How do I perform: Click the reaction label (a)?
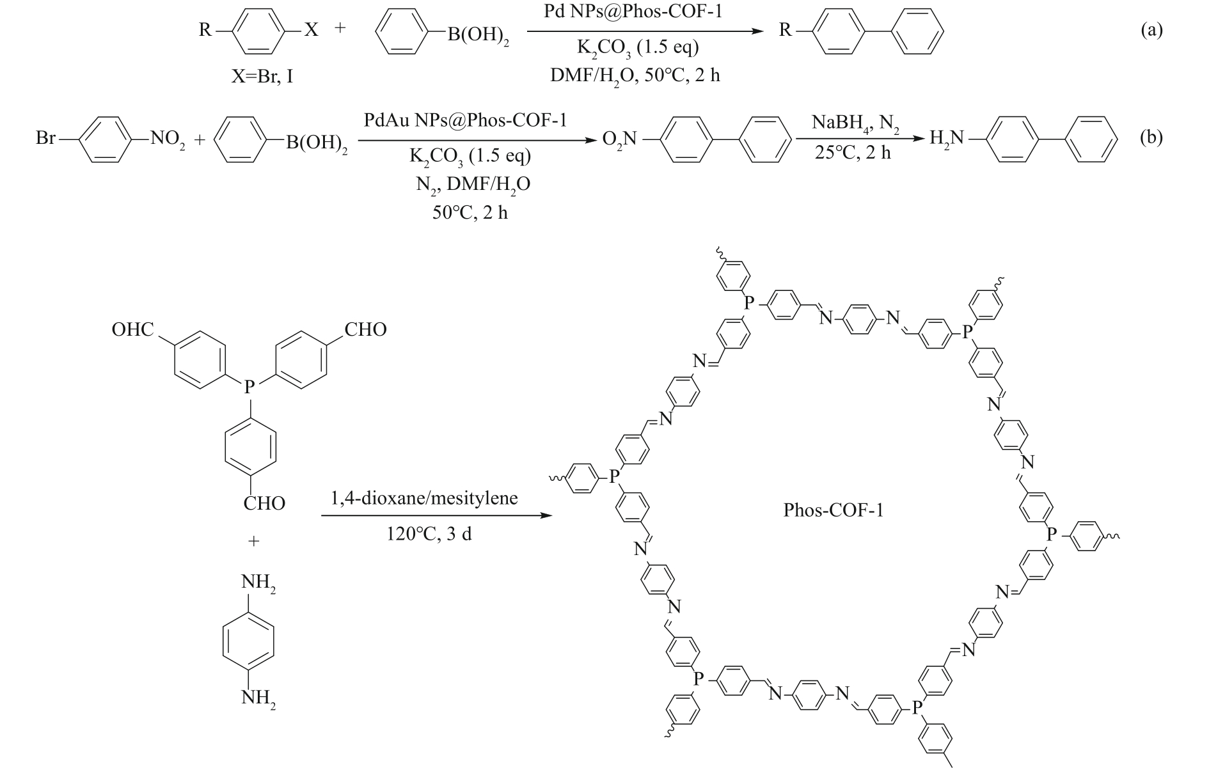pos(1151,30)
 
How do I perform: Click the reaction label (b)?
pos(1151,137)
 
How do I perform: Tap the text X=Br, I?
pos(263,78)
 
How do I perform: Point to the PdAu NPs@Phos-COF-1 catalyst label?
pos(466,120)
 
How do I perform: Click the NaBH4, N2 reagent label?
pos(855,122)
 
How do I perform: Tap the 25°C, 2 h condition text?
pos(853,152)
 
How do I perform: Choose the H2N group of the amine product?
pos(946,138)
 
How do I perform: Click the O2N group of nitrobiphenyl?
pos(620,138)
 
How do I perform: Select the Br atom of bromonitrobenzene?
pos(46,137)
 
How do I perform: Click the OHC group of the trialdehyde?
pos(133,329)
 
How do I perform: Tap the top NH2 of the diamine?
pos(258,583)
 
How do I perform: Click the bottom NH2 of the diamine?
pos(258,698)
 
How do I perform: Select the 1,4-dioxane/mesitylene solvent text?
pos(424,498)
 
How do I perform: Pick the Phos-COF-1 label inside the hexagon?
pos(834,510)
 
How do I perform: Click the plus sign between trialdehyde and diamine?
pos(254,541)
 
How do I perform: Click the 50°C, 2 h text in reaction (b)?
pos(470,212)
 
